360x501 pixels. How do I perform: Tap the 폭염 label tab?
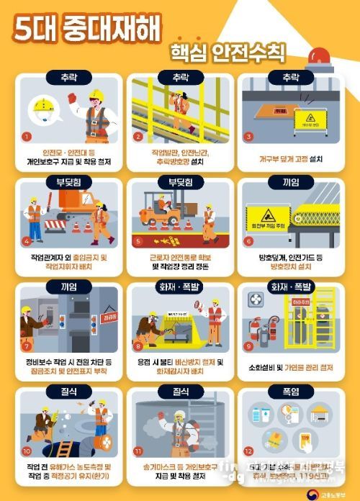pyautogui.click(x=291, y=392)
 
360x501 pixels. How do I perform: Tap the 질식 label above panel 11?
pyautogui.click(x=180, y=392)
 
